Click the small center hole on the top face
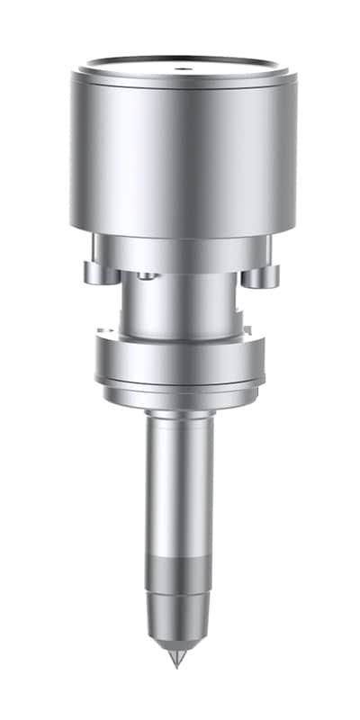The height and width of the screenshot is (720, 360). [179, 67]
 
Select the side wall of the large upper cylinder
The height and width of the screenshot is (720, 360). [180, 153]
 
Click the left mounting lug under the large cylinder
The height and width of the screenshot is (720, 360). [94, 272]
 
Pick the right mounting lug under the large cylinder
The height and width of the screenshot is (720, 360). [265, 273]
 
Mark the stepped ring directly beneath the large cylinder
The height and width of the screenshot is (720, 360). [180, 253]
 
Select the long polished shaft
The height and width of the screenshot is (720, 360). [180, 486]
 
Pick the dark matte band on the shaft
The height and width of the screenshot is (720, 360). [180, 572]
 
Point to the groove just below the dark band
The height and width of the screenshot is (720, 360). [180, 593]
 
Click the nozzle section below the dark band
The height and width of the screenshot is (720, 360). [180, 616]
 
